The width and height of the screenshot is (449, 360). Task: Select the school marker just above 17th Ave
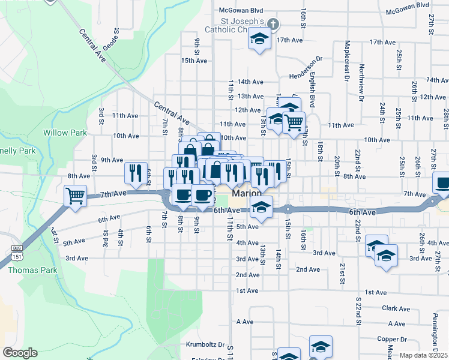point(259,40)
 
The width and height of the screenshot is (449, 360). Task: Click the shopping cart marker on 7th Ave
point(76,195)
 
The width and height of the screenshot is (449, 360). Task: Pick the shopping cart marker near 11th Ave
point(294,122)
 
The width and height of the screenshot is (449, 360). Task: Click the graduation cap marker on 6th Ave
point(262,207)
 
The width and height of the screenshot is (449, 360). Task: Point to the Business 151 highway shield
point(16,251)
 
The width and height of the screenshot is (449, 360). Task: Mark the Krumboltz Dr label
point(204,346)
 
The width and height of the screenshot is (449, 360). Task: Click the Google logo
point(20,352)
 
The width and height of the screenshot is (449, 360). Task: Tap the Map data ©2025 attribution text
point(424,355)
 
